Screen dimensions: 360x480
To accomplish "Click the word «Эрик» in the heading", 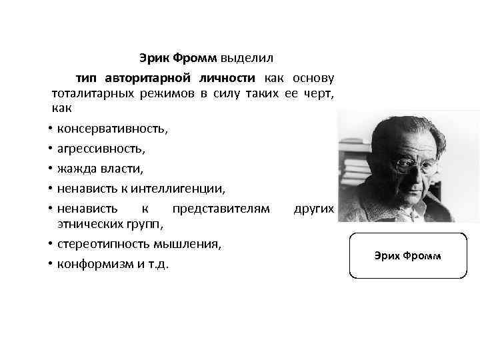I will click(x=155, y=59).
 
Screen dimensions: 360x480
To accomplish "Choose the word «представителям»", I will click(x=217, y=209).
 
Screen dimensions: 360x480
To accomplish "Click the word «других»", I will click(x=313, y=209).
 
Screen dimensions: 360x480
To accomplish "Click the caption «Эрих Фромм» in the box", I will click(x=407, y=256).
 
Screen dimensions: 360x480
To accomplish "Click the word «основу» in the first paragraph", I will click(x=313, y=77).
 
